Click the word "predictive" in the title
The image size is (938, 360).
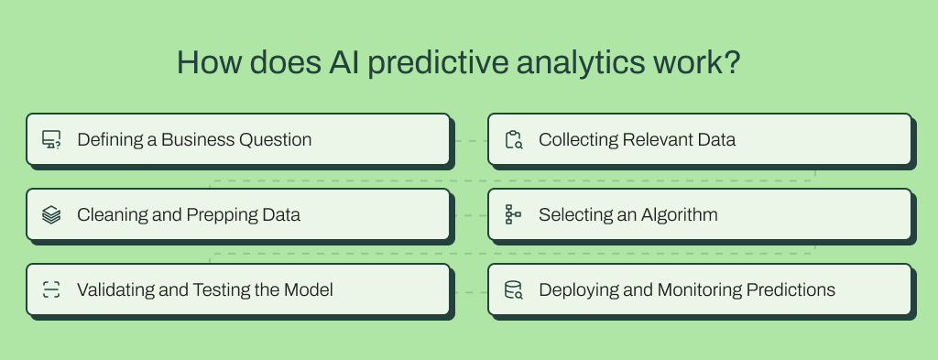click(x=384, y=63)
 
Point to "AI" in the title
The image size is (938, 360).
click(x=296, y=63)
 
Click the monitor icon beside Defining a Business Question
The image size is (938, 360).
click(x=51, y=140)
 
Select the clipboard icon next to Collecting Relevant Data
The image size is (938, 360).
click(x=513, y=140)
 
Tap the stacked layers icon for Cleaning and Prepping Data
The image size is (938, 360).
click(x=51, y=215)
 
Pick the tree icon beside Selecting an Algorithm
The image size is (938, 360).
click(x=513, y=215)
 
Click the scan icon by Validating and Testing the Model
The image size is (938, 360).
click(x=51, y=290)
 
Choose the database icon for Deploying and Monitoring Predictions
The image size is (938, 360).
click(x=513, y=290)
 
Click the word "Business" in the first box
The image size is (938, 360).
click(x=198, y=140)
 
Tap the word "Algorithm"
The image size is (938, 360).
click(x=679, y=215)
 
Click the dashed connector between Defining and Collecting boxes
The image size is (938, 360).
click(x=470, y=141)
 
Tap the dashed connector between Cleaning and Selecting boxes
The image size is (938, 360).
click(x=470, y=216)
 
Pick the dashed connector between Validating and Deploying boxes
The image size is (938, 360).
click(x=470, y=291)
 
